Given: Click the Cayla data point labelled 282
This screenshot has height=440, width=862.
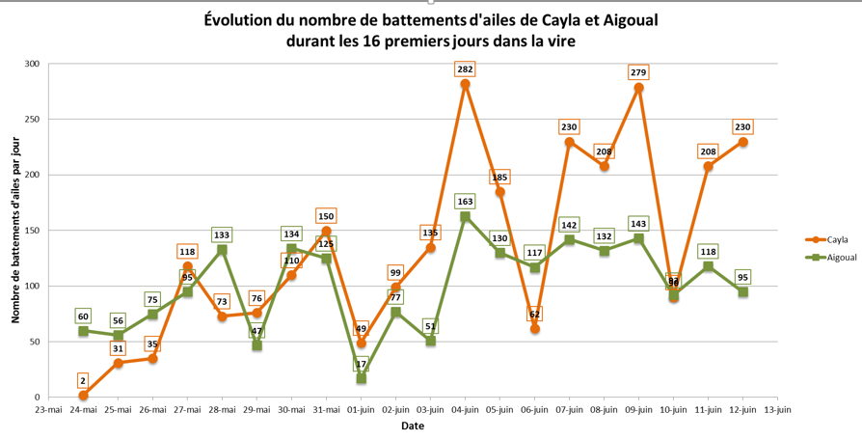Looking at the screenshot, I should [x=465, y=84].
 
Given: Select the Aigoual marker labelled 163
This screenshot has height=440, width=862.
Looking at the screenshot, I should [x=465, y=217].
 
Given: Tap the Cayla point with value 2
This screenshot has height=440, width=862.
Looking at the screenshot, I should [x=83, y=396].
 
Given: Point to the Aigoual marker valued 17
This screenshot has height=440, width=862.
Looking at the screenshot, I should [x=361, y=378].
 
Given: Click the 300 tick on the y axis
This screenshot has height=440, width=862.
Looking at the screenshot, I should [x=33, y=64].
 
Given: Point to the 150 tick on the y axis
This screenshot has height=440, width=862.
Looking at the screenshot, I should [x=33, y=231].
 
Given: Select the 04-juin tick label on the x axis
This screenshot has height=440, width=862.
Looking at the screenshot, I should [x=465, y=410].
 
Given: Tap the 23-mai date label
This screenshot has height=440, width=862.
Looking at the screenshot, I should [x=48, y=410].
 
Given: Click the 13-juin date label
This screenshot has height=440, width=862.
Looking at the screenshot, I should [x=777, y=410].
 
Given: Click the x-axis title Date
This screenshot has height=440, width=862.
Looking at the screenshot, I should [x=413, y=426].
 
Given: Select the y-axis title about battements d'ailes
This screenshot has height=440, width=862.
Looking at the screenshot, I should [x=15, y=230].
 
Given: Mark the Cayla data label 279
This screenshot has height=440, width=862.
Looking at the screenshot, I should [x=638, y=72].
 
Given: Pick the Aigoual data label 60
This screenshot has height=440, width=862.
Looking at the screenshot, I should [x=83, y=316].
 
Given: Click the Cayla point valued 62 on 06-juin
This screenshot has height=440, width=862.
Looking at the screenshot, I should [x=534, y=328].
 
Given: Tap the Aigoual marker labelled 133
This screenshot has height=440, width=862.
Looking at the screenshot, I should [x=222, y=249].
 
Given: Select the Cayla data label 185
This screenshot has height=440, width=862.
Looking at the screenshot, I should [x=499, y=178].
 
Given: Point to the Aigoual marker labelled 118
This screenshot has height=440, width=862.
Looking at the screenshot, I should [x=708, y=266].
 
